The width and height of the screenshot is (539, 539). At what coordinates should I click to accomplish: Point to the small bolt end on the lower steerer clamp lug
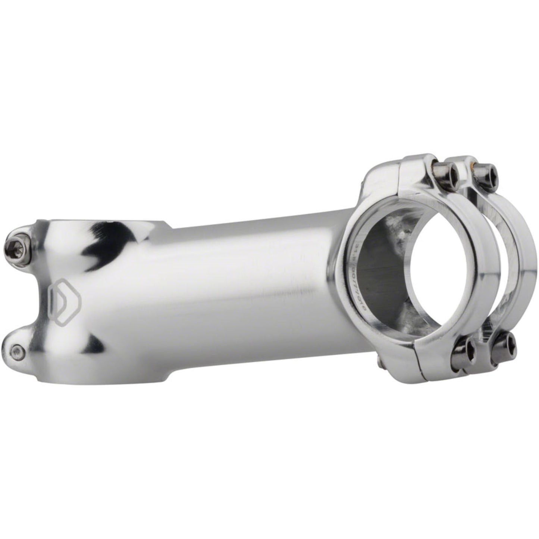coord(16,339)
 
